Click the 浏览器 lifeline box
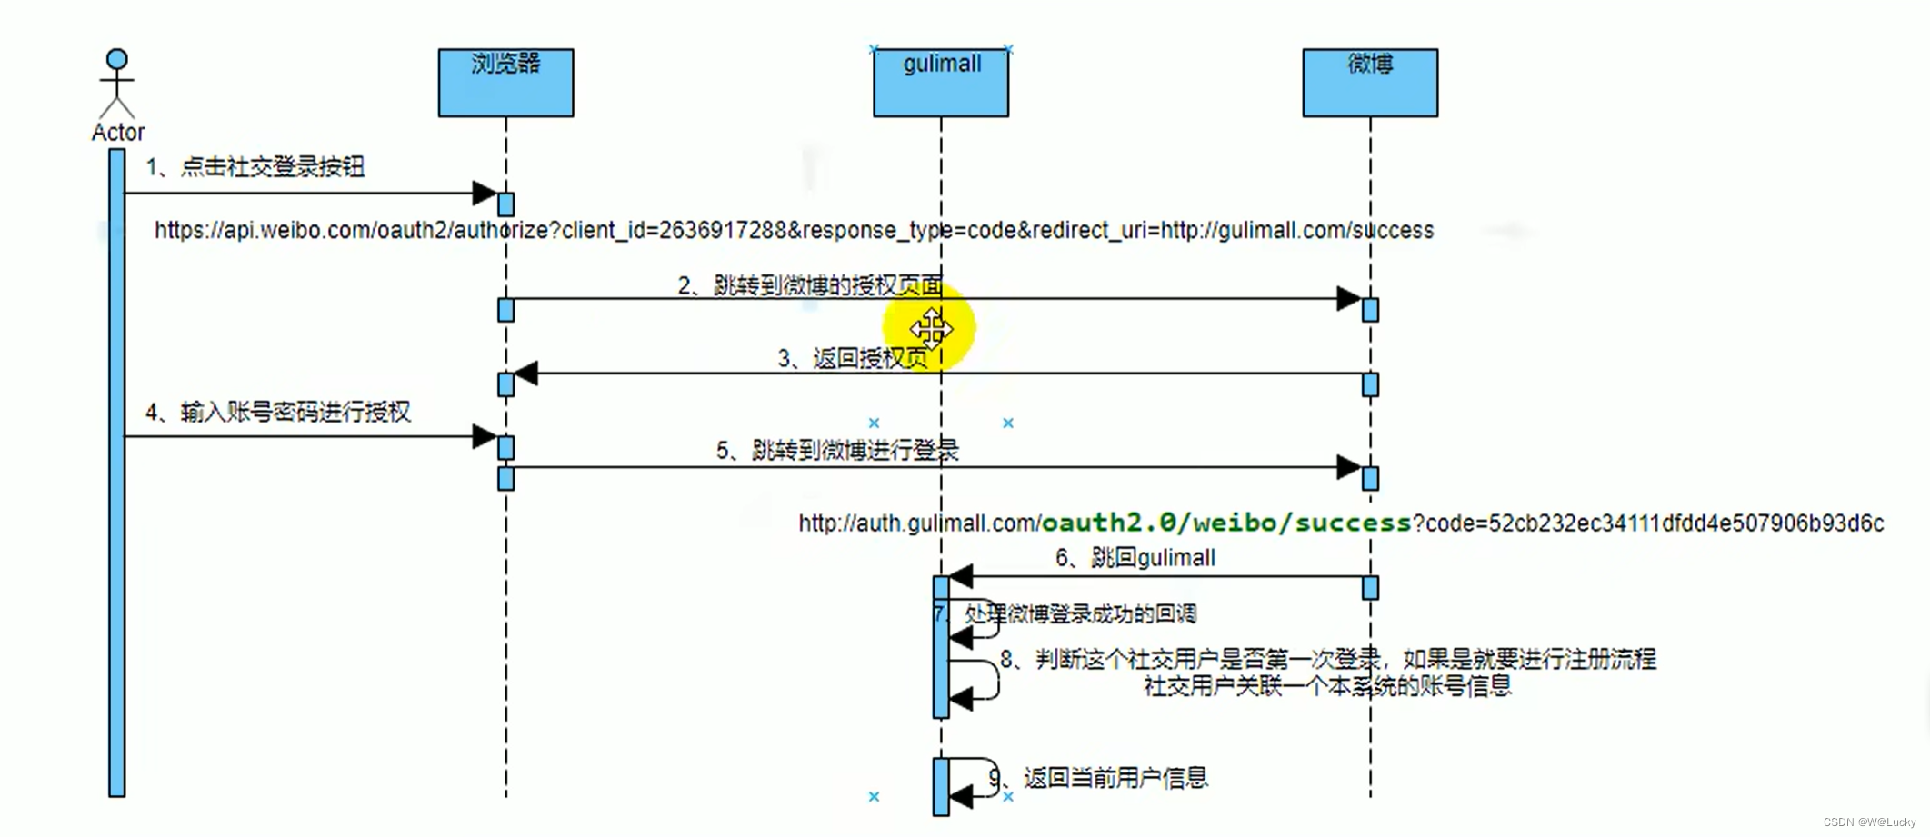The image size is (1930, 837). (505, 83)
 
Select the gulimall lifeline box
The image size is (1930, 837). (941, 83)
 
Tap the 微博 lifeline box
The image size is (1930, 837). (1370, 83)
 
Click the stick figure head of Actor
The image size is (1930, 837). (116, 60)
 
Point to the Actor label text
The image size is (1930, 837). (118, 133)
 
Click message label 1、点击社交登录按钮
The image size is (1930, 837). (255, 167)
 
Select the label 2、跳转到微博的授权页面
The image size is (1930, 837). (810, 286)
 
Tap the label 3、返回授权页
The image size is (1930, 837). (852, 359)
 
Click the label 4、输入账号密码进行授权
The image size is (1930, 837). (278, 413)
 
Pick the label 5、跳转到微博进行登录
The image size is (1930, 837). (837, 451)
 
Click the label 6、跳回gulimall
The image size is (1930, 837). (1135, 558)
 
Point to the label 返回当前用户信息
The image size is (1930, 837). (1115, 778)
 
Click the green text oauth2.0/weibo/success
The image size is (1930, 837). (1225, 523)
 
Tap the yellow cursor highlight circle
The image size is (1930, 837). (930, 328)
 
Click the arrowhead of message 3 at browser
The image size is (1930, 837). (525, 374)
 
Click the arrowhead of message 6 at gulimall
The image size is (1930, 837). (961, 576)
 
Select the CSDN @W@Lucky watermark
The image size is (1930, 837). (1869, 822)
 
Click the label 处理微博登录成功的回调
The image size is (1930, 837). (1080, 614)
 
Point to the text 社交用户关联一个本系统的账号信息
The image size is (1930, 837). (1327, 686)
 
